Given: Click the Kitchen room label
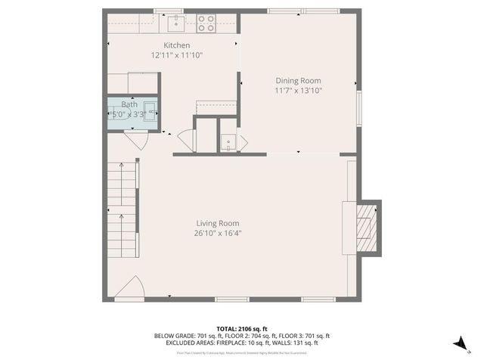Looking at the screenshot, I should tap(177, 45).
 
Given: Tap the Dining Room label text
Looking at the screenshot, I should tap(298, 81).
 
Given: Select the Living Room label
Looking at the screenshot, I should tap(218, 223).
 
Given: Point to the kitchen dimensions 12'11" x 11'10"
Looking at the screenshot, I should tap(177, 55).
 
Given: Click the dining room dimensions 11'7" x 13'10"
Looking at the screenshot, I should tap(298, 91).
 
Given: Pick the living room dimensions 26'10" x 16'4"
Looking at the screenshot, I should tap(218, 233).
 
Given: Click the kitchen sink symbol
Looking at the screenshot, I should tap(176, 21).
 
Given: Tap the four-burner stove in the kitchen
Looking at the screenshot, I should tap(206, 23).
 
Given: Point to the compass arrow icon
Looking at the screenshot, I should tap(459, 343).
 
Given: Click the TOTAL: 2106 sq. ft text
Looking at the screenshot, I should tap(241, 328).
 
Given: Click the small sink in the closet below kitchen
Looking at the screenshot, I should tap(228, 142).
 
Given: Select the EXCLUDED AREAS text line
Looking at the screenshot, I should tap(241, 343).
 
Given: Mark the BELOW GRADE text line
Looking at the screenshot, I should tap(241, 336).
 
